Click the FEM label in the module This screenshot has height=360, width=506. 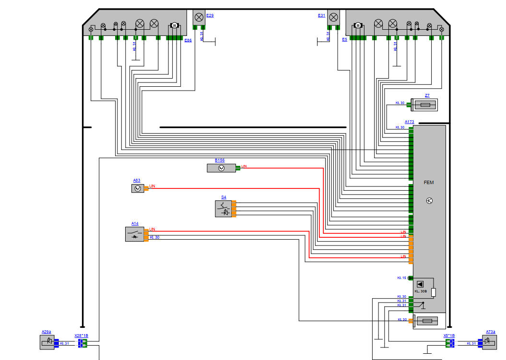(x=428, y=183)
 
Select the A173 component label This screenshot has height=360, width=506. (x=409, y=122)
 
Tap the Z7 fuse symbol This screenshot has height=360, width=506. (x=425, y=104)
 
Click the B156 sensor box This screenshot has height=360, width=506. (x=221, y=168)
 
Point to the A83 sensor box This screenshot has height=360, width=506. (x=138, y=188)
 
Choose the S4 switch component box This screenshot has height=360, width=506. (x=223, y=209)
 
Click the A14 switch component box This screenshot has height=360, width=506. (x=134, y=234)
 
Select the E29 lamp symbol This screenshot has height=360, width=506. (x=199, y=17)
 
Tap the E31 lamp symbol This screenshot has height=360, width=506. (x=333, y=17)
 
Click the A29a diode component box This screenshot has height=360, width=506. (x=47, y=342)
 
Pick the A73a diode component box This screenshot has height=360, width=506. (x=489, y=342)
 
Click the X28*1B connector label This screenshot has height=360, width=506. (x=81, y=336)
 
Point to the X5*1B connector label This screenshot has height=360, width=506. (x=449, y=336)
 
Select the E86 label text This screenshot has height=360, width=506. (x=188, y=41)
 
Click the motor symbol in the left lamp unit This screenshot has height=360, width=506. (x=175, y=25)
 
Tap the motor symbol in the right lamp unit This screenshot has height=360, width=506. (x=357, y=25)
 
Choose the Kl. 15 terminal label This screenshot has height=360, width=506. (x=401, y=278)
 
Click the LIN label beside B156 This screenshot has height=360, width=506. (x=244, y=166)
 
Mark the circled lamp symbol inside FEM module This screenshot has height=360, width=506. (x=429, y=201)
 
